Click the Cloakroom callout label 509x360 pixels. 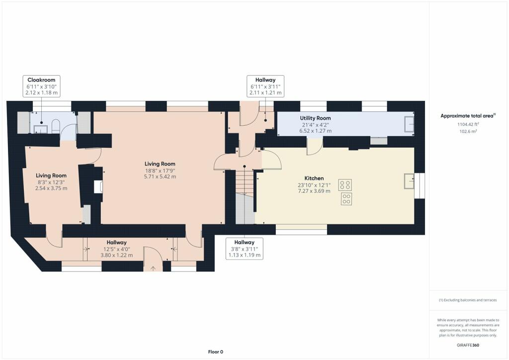[41, 80]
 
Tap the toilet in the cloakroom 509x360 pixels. [55, 127]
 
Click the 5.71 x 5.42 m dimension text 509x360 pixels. [160, 177]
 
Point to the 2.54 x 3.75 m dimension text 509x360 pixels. [51, 188]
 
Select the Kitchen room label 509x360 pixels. [314, 178]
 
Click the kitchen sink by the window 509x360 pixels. [409, 181]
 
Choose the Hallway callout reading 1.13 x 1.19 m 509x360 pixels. [244, 255]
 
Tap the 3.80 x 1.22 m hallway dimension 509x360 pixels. [117, 255]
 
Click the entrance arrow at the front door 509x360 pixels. [153, 268]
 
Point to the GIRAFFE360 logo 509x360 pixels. [468, 345]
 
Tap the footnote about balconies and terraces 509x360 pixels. [467, 300]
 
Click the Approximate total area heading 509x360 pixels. [467, 116]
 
